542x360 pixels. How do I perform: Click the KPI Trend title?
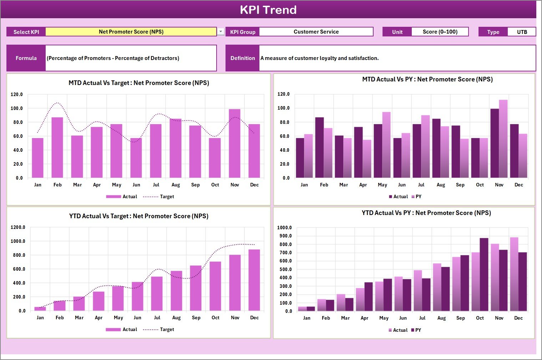pos(268,10)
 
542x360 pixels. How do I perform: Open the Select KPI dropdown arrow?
pos(221,32)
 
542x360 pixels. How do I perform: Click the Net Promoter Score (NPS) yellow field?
pos(131,32)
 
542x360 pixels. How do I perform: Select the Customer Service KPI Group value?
pos(316,32)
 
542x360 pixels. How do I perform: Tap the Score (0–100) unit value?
pos(440,32)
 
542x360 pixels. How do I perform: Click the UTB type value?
pos(522,32)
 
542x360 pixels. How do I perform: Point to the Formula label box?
pos(26,58)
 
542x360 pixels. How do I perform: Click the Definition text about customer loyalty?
pos(319,58)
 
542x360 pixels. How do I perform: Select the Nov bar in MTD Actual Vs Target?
pos(234,144)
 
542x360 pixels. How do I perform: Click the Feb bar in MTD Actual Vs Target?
pos(57,147)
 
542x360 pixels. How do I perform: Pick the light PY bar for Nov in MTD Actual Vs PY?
pos(503,139)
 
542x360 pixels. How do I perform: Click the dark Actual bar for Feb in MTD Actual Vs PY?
pos(319,147)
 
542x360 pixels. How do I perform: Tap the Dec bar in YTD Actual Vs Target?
pos(254,280)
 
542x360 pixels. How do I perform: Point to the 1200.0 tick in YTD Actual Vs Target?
pos(18,227)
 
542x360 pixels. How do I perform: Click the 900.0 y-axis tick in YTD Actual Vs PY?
pos(284,236)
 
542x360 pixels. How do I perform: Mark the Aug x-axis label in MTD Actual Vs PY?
pos(441,185)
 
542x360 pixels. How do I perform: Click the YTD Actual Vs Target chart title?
pos(138,216)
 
